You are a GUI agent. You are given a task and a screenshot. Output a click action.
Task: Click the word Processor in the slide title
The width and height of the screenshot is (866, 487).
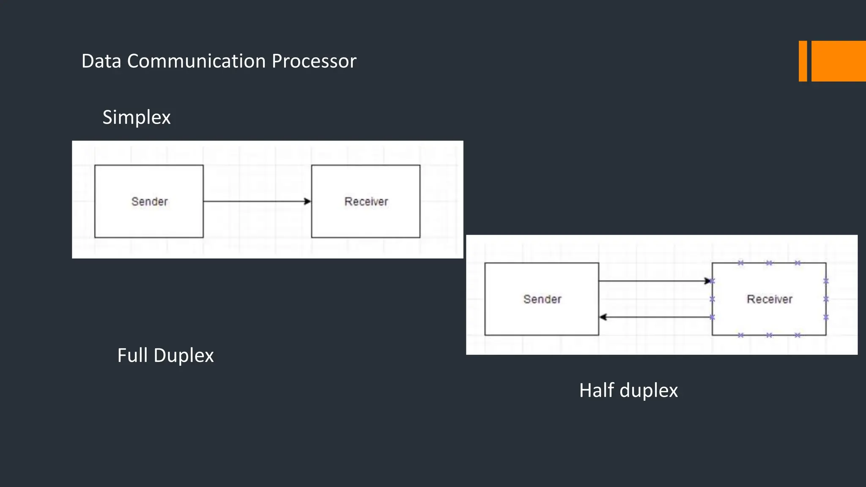[x=314, y=61]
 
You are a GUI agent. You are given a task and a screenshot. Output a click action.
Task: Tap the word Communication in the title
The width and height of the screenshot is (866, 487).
[x=197, y=61]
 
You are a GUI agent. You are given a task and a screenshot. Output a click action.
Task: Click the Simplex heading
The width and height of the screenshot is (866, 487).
[x=136, y=118]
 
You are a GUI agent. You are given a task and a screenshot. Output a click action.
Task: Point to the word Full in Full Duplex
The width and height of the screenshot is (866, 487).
[x=132, y=355]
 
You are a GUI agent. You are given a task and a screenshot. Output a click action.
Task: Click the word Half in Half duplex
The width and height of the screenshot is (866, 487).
[x=596, y=390]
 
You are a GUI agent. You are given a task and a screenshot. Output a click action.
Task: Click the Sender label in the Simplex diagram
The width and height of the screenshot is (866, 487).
[x=150, y=202]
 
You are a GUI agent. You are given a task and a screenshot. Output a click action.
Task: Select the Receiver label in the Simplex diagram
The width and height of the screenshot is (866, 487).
[x=366, y=202]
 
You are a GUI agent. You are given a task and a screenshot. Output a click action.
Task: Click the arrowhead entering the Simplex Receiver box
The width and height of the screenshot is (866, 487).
[x=307, y=202]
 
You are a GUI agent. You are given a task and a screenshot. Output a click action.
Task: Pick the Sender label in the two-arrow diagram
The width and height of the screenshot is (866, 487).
[x=542, y=299]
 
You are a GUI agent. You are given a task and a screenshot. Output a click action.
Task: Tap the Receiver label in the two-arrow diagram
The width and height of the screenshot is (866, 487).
[x=769, y=299]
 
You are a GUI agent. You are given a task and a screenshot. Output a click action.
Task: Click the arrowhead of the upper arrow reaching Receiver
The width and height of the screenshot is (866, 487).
[x=707, y=281]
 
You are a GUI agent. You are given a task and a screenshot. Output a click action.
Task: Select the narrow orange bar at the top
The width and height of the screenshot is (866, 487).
[x=803, y=61]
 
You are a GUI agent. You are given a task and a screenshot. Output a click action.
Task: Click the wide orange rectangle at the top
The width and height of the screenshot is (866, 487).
[x=839, y=61]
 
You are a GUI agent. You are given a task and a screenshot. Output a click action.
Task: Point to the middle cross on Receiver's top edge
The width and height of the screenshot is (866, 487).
[x=769, y=263]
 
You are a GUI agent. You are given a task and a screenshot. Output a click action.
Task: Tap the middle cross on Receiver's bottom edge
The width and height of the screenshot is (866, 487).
[x=769, y=335]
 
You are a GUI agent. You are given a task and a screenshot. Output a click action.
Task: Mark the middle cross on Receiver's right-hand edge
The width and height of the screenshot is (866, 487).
[x=826, y=299]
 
